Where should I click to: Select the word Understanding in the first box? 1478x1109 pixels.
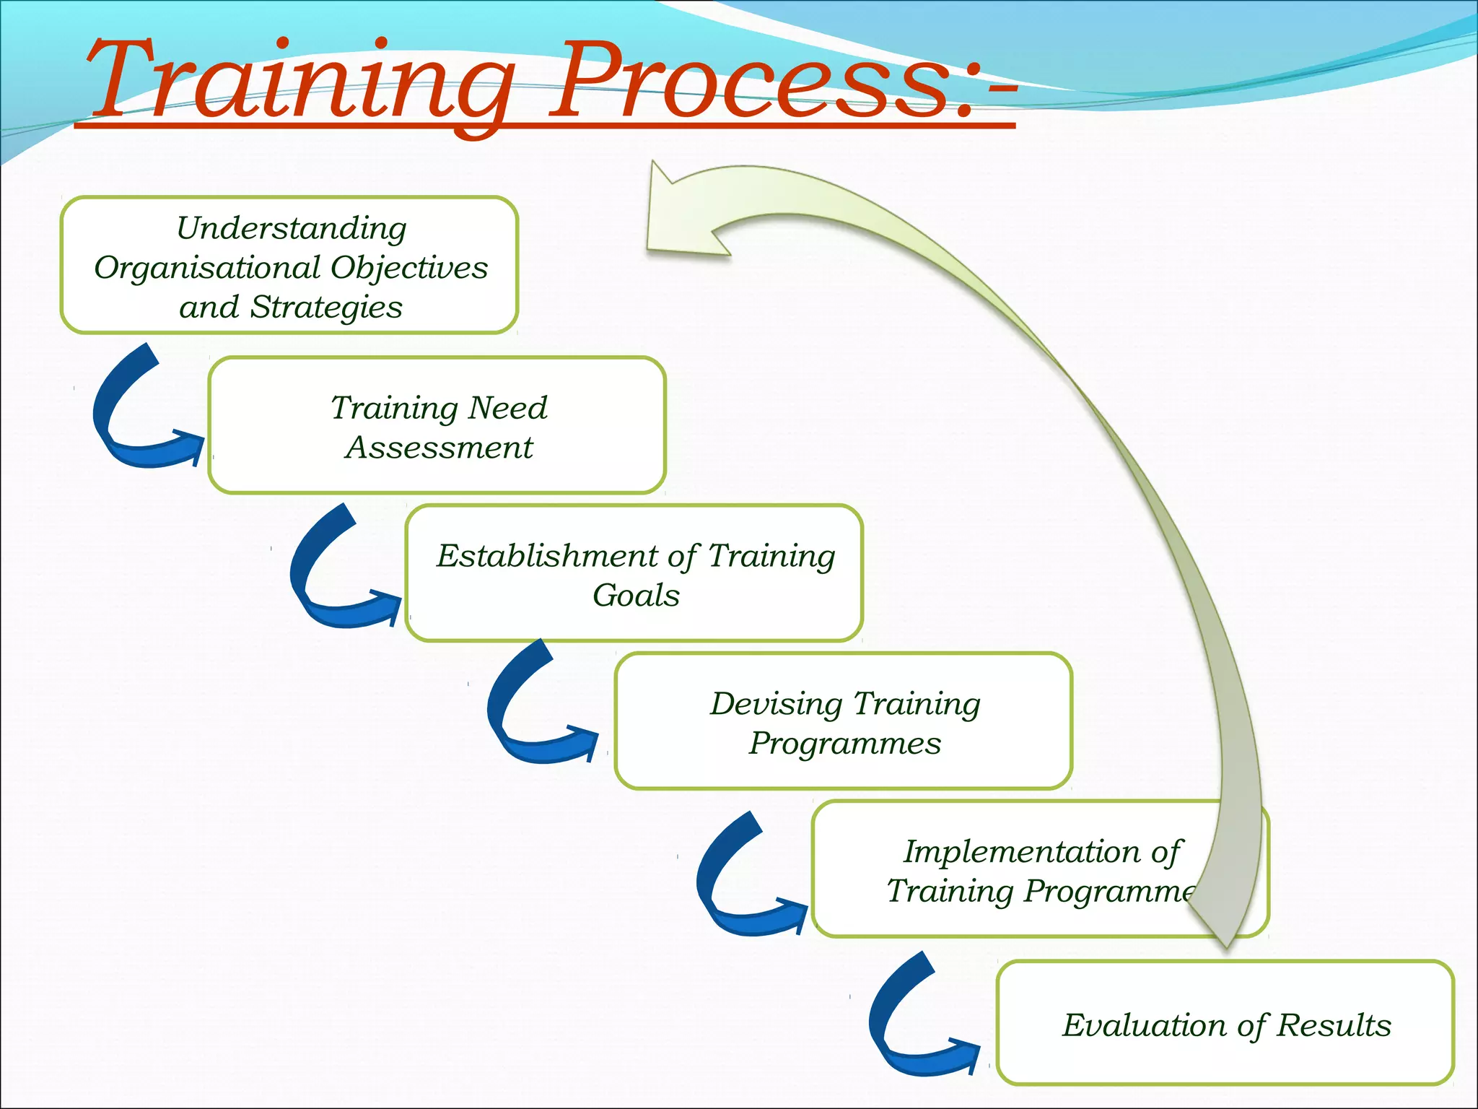click(x=292, y=230)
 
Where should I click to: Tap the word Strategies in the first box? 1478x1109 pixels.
click(x=326, y=308)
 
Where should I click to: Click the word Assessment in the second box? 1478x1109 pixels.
click(x=439, y=448)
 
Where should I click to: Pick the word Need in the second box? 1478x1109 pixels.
click(x=508, y=409)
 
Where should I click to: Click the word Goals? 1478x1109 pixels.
click(x=636, y=596)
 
